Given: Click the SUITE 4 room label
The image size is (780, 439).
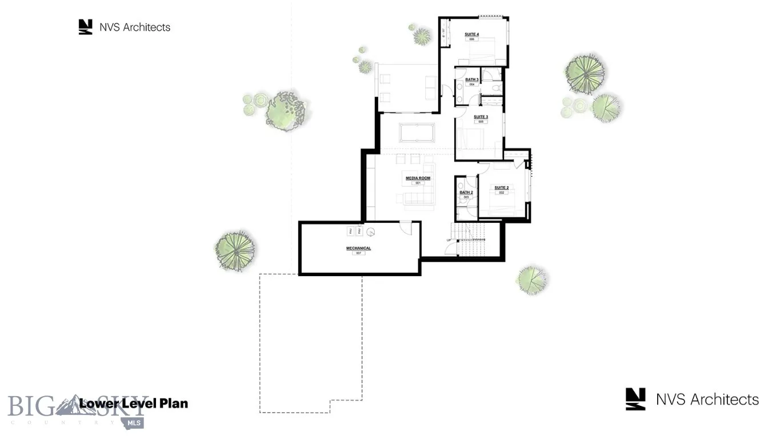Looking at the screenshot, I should [x=471, y=35].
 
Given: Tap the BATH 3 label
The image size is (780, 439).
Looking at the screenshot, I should [x=471, y=80].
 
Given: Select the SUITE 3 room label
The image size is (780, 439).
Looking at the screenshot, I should [x=481, y=117].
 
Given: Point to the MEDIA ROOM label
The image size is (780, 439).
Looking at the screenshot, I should [x=418, y=178].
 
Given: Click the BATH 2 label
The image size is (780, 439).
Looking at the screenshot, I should [x=466, y=193].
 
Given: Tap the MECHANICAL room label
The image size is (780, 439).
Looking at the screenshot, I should [x=358, y=249].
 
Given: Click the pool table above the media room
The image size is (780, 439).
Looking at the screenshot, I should [x=417, y=133].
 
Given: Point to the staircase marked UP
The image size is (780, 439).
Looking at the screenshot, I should [x=472, y=240].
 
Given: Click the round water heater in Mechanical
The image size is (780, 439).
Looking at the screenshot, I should [x=370, y=232].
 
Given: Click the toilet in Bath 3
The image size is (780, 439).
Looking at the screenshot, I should [x=496, y=88].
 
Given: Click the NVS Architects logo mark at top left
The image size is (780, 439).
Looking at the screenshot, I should [x=85, y=27].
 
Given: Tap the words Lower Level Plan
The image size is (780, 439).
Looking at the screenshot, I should [x=133, y=404].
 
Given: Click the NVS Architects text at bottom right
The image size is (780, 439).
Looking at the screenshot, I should [x=707, y=400].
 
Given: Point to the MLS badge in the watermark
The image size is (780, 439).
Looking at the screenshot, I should [x=135, y=422].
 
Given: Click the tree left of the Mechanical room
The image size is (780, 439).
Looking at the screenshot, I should [x=235, y=250].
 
